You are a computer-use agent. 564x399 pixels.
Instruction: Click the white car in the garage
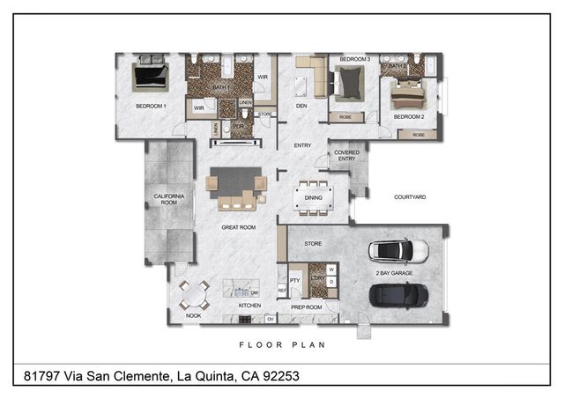[397, 252]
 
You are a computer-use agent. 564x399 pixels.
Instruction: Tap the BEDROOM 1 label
[151, 107]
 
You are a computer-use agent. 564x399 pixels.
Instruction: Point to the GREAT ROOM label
[238, 227]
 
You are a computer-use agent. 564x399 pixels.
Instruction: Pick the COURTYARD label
[410, 197]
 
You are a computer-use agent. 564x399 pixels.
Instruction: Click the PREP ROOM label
[306, 307]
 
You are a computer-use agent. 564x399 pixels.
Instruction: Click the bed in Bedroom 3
[350, 84]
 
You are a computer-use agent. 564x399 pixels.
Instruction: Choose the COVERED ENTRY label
[345, 155]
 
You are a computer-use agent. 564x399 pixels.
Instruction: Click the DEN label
[301, 107]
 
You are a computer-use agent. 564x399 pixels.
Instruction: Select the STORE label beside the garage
[313, 243]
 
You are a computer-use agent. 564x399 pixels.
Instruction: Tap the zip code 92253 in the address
[277, 376]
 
